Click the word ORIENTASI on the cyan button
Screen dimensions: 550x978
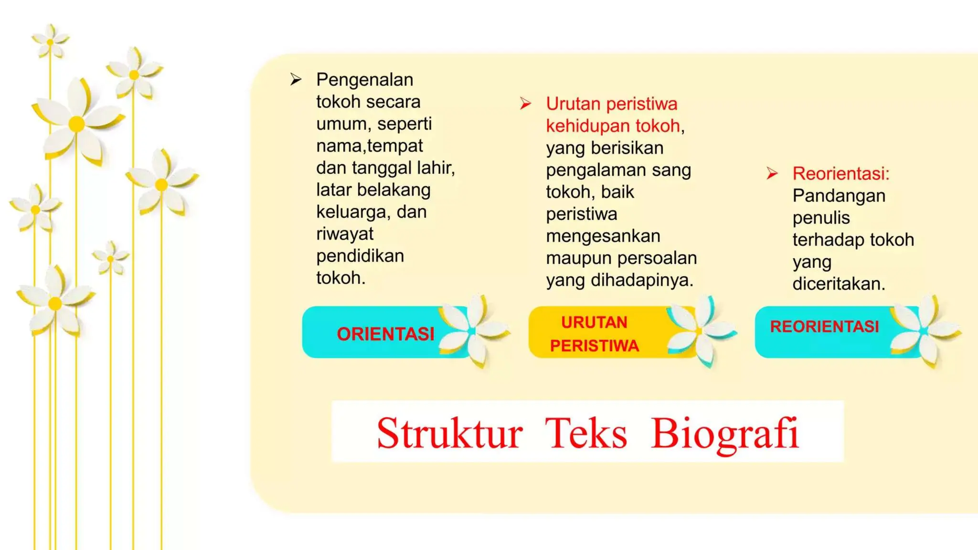pos(385,334)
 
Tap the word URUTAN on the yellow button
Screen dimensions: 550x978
pos(594,323)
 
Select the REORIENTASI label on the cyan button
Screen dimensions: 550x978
pos(824,327)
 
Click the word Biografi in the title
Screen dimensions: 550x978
pos(724,434)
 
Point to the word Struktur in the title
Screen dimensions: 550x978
pos(449,434)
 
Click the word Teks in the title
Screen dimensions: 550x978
pos(585,434)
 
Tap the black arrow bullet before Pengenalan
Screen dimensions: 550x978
pos(296,79)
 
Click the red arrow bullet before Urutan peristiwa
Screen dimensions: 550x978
pos(525,104)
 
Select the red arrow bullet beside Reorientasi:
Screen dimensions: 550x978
pos(772,173)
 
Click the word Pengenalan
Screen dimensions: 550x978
pos(365,80)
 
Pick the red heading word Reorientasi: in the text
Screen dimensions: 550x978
pos(841,173)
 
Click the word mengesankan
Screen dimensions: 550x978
pos(603,236)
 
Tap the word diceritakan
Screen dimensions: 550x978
pos(839,284)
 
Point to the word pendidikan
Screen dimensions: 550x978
pos(360,256)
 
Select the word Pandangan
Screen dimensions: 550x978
pos(839,196)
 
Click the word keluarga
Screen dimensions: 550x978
pos(352,212)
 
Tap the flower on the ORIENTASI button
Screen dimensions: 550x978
pos(472,331)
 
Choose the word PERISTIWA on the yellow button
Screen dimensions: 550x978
pos(594,346)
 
